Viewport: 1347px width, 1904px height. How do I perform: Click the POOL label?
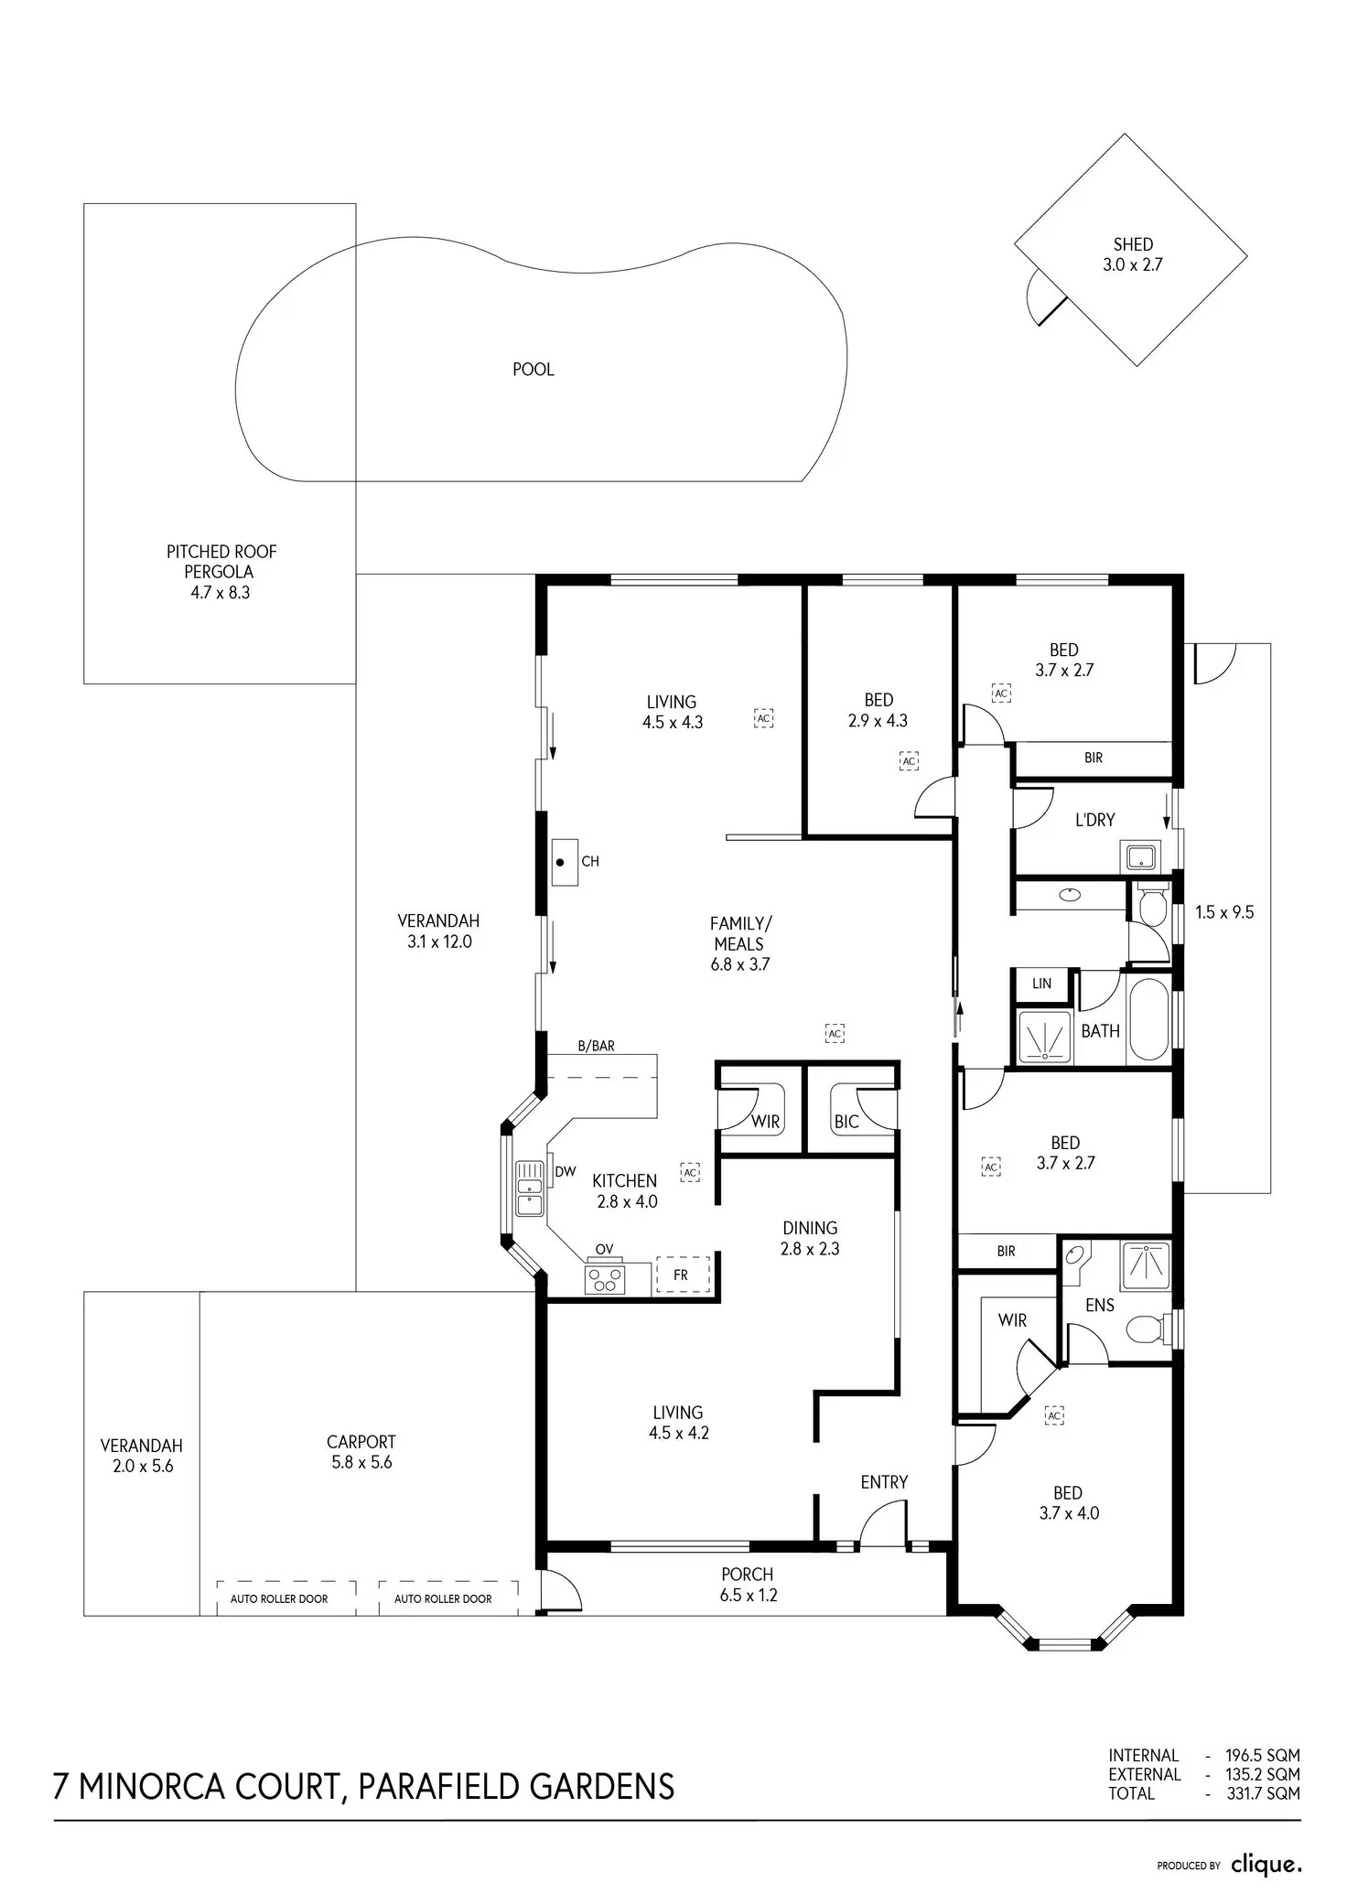533,370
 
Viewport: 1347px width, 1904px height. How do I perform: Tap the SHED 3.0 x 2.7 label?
1133,254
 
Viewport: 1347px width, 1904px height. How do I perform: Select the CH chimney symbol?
565,862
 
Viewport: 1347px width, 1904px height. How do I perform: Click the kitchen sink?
529,1189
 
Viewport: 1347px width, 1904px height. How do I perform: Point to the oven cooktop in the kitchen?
604,1278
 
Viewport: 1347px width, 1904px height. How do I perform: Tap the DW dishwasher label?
565,1171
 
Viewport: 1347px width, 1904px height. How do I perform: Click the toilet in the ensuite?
1147,1328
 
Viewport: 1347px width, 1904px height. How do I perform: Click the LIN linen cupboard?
1041,984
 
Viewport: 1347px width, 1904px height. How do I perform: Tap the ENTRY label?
883,1482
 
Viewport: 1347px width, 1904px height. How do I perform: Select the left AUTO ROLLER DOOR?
279,1598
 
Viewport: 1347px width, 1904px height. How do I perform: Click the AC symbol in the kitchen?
690,1172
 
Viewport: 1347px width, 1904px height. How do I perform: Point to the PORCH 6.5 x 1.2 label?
747,1585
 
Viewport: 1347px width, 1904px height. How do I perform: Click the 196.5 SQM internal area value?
1262,1755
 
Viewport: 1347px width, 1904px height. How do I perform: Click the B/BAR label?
596,1046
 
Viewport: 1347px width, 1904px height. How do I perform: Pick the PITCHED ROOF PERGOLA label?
221,572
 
